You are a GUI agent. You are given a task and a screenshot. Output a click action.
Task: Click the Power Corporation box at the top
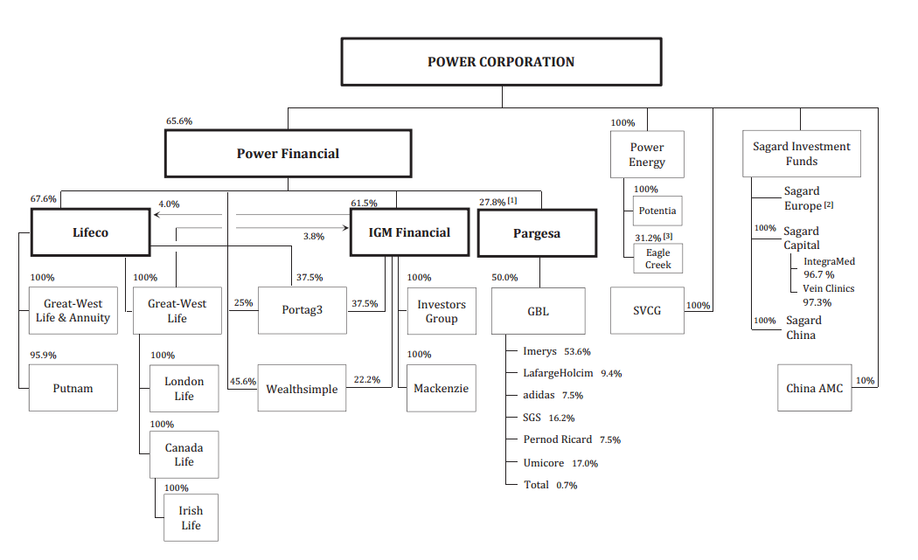coord(501,62)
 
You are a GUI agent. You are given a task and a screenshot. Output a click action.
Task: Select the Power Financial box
coord(288,154)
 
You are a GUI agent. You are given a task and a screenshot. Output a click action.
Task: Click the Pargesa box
coord(536,233)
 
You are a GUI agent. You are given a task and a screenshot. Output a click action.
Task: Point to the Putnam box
coord(73,388)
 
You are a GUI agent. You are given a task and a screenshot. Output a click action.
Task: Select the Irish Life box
coord(191,518)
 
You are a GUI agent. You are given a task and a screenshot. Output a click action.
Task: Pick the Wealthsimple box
coord(302,389)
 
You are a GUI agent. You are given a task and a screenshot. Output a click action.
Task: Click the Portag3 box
coord(302,309)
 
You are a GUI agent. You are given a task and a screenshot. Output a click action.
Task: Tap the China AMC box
coord(814,388)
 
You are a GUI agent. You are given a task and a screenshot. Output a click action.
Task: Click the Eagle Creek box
coord(657,259)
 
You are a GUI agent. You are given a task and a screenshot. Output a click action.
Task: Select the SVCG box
coord(647,310)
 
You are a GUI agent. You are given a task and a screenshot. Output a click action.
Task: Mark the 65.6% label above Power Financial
coord(178,121)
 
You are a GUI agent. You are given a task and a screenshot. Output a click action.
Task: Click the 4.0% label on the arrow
coord(168,204)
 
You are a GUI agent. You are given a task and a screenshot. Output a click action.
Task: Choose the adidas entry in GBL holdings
coord(540,395)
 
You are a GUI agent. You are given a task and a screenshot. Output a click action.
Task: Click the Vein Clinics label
coord(828,288)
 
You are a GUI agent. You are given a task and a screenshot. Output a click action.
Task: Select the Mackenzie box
coord(442,388)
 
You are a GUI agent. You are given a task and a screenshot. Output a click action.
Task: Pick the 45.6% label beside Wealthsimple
coord(242,381)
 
